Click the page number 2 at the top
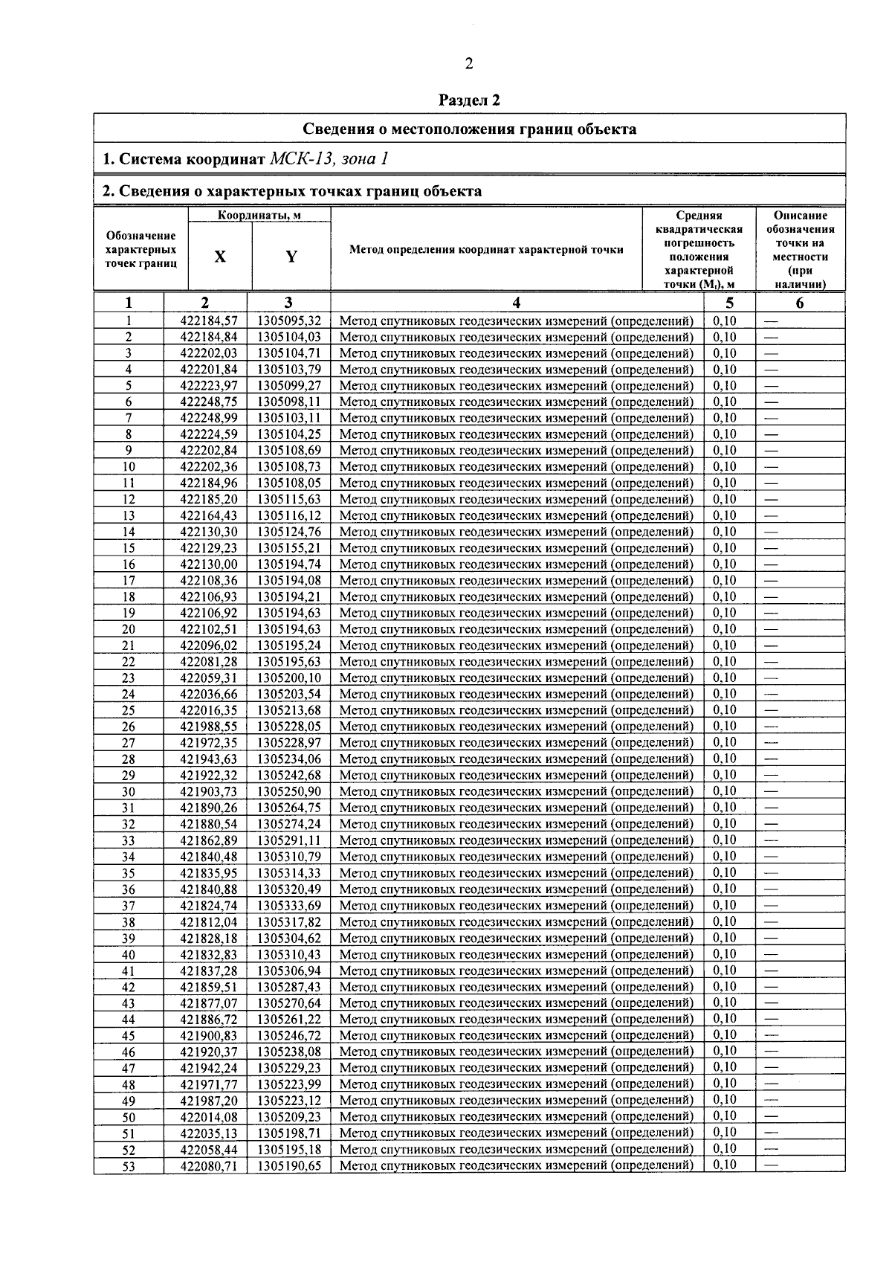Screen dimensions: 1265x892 469,64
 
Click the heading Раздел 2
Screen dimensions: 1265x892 469,99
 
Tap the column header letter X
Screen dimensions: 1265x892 220,257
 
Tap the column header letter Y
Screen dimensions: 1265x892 291,257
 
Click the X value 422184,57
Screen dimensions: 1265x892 209,321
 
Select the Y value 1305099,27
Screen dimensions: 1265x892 289,386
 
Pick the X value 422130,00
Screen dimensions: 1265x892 209,564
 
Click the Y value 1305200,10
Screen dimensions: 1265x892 289,678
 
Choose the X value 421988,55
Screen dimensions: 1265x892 209,727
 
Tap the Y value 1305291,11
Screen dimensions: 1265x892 289,840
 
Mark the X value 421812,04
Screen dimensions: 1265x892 209,922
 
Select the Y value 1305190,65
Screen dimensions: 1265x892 289,1166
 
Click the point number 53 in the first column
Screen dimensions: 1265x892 129,1166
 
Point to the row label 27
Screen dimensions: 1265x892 129,743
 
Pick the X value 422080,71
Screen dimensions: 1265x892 209,1166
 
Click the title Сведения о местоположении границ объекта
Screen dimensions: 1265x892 469,129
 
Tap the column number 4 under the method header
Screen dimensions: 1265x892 517,303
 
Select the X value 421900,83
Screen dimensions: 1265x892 209,1036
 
